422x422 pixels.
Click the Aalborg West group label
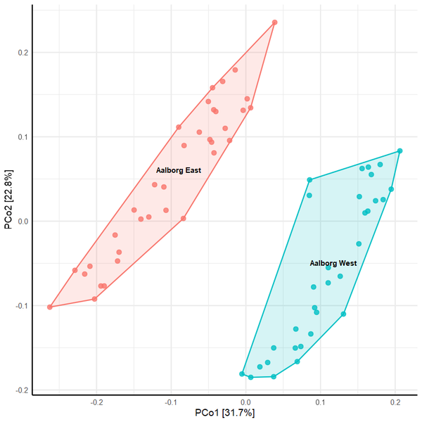(333, 263)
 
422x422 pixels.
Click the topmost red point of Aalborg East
(274, 23)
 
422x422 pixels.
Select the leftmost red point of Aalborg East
(50, 307)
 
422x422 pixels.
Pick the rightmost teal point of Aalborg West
(399, 151)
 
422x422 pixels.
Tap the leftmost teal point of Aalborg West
(242, 374)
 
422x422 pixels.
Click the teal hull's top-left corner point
(309, 180)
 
